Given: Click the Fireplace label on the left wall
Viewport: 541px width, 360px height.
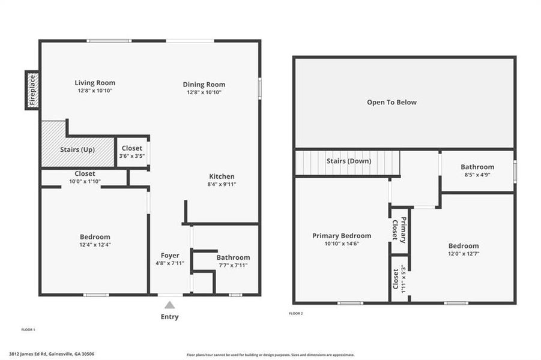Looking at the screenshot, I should point(32,91).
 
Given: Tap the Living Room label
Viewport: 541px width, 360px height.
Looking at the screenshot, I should point(95,83).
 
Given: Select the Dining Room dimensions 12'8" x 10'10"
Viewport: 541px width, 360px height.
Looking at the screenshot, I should point(204,92).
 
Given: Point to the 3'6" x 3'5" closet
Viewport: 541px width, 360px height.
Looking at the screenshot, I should point(132,152).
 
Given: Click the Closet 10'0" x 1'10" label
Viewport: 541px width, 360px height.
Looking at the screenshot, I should point(85,178).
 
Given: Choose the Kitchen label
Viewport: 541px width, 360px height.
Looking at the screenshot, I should point(222,176).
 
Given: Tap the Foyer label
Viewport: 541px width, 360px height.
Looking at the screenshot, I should point(170,256).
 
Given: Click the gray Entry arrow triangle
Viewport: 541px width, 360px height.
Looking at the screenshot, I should point(170,304).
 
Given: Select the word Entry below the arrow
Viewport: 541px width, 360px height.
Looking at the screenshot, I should point(170,317).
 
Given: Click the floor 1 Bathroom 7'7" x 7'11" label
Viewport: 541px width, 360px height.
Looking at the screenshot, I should point(233,261).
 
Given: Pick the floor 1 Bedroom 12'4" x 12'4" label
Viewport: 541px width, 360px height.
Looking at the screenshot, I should point(95,241).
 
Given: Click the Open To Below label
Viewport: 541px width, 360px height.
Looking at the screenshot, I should point(391,103).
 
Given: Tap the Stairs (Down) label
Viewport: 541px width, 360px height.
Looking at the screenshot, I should point(349,161).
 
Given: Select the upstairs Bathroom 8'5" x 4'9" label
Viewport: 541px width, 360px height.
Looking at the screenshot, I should point(477,171).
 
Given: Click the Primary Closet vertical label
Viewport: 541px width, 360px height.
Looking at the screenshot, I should point(399,229).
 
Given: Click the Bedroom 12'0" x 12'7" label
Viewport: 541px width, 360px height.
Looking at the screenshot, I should point(464,250).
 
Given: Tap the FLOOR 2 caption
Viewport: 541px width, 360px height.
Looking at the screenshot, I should point(296,313).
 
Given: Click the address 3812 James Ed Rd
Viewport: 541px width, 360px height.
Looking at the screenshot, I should point(52,354).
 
